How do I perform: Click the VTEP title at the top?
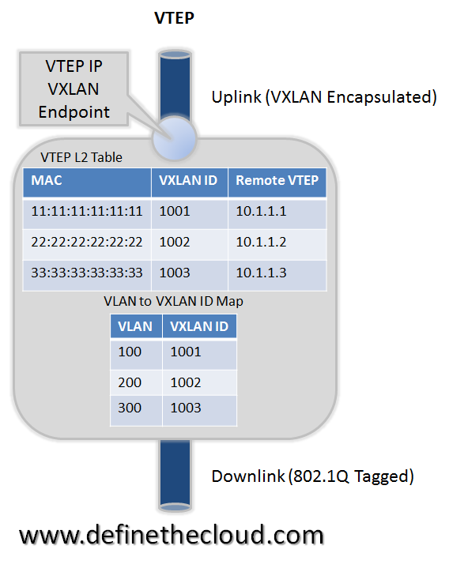coord(174,18)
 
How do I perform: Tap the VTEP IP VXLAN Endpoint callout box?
coord(74,89)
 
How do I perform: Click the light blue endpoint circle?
coord(175,138)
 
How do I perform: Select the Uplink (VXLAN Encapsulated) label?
coord(324,97)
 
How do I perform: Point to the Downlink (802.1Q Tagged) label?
coord(312,476)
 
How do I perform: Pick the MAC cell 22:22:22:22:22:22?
coord(86,242)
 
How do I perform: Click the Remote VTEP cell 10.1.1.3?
coord(261,273)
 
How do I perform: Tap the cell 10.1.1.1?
coord(261,211)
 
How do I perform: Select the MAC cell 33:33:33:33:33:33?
coord(86,273)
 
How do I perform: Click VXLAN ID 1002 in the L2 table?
coord(175,242)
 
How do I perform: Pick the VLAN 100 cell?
coord(130,352)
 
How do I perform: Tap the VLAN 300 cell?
coord(130,408)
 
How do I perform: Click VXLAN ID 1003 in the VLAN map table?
coord(186,408)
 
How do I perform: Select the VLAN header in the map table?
coord(136,326)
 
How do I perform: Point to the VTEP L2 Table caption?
coord(81,157)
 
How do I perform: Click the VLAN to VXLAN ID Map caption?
coord(173,301)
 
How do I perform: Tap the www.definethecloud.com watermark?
coord(172,536)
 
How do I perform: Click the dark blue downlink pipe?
coord(175,474)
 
